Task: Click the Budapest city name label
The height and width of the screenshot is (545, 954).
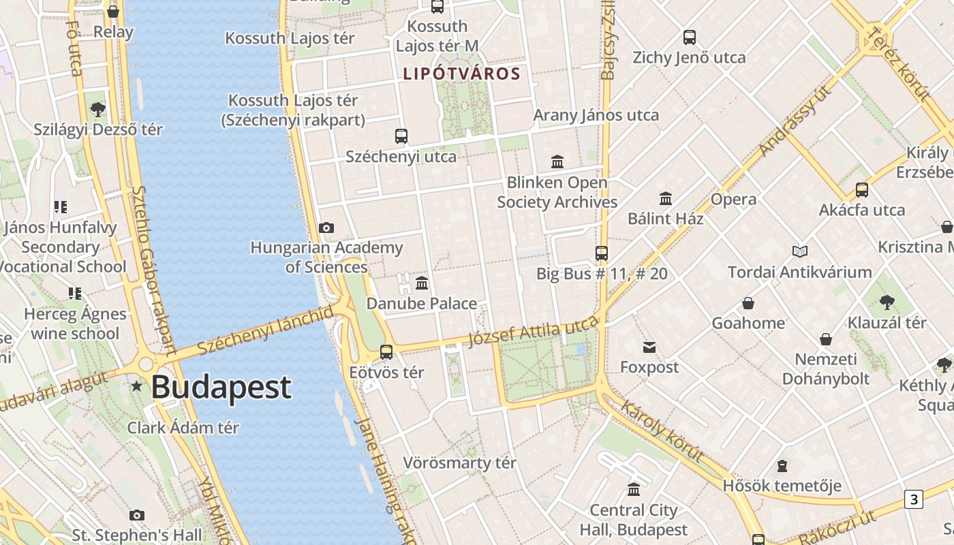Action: click(x=221, y=387)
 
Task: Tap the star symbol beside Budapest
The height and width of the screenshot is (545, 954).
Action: click(x=137, y=386)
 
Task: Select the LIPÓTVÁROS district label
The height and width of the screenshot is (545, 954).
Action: click(x=461, y=74)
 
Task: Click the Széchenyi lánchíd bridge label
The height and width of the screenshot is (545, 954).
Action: click(x=266, y=330)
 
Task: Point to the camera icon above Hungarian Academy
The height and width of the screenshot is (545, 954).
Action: click(x=326, y=228)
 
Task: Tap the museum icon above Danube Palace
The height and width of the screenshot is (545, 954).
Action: click(x=422, y=283)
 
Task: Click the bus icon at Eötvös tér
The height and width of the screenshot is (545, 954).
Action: click(x=386, y=352)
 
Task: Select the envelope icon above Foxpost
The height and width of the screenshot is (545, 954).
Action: click(x=649, y=348)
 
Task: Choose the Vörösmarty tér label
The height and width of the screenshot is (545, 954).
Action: click(x=459, y=463)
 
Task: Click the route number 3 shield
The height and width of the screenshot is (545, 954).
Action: click(x=913, y=499)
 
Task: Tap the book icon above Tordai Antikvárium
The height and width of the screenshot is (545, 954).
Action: click(x=800, y=252)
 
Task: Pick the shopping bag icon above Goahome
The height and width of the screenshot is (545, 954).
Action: click(x=748, y=303)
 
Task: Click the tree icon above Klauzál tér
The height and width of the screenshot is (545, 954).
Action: click(x=887, y=302)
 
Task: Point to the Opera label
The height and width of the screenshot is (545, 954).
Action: click(x=733, y=200)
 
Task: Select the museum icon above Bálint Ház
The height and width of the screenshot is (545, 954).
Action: click(x=666, y=198)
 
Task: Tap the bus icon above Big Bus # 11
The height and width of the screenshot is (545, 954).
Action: click(x=602, y=253)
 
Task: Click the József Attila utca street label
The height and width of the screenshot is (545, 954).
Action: click(x=533, y=332)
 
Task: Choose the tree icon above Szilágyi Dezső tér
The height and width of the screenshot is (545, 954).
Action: click(x=98, y=109)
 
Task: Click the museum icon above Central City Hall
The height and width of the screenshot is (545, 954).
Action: click(x=634, y=490)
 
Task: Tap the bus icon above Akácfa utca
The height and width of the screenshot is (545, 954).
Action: click(x=862, y=190)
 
